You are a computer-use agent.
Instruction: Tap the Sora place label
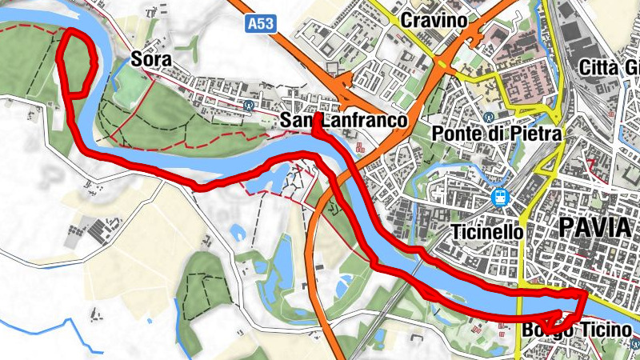click(x=152, y=60)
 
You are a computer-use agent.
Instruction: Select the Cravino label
click(x=434, y=18)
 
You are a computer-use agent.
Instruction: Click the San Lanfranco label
click(x=344, y=121)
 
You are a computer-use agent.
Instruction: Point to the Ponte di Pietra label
click(x=496, y=133)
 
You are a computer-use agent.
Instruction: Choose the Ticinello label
click(x=486, y=232)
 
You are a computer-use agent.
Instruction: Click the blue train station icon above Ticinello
click(x=500, y=196)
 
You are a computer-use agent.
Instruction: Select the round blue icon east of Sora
click(x=250, y=105)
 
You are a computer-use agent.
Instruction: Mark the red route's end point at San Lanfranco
click(x=317, y=118)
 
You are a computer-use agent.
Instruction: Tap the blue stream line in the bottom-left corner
click(x=48, y=328)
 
